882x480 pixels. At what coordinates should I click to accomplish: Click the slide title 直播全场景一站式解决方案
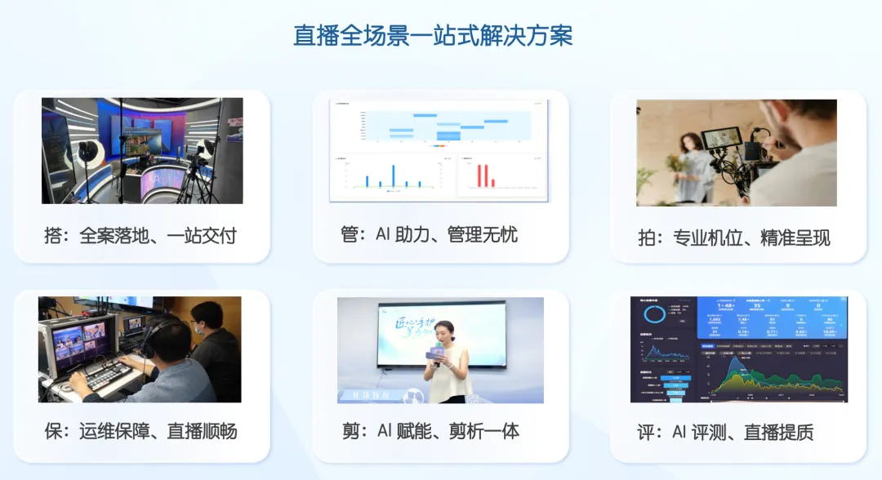(433, 37)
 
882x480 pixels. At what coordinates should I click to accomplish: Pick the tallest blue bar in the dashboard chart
(394, 175)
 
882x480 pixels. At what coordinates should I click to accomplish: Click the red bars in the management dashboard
(484, 176)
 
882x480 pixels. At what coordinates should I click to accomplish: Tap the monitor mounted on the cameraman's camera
(723, 139)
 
